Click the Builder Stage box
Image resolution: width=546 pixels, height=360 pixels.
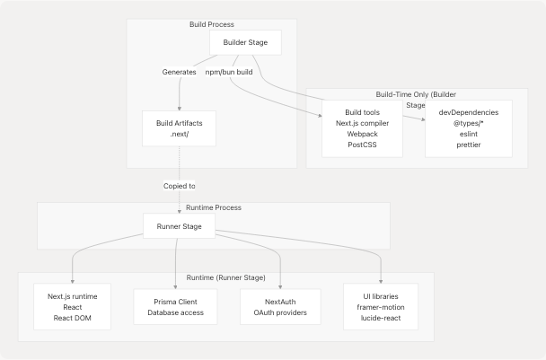(x=245, y=43)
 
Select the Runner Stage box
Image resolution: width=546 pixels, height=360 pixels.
(x=179, y=227)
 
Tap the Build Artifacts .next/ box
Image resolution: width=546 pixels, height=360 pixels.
(x=179, y=127)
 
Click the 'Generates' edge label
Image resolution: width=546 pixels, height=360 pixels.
(x=179, y=71)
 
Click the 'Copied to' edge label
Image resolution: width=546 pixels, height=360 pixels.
(x=179, y=185)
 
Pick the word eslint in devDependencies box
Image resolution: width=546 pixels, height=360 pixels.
(x=468, y=132)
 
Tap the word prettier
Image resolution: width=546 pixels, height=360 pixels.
(x=468, y=144)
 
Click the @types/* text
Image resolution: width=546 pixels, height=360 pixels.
(x=468, y=121)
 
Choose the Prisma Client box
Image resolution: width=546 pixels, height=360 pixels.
(x=175, y=307)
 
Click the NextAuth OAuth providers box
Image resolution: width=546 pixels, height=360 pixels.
(x=280, y=307)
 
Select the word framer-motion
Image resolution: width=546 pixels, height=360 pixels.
(x=381, y=307)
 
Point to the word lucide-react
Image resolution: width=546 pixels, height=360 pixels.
(x=381, y=318)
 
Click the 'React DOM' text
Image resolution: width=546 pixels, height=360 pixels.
(x=73, y=318)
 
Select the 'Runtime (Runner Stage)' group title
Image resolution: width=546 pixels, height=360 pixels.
(x=225, y=277)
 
